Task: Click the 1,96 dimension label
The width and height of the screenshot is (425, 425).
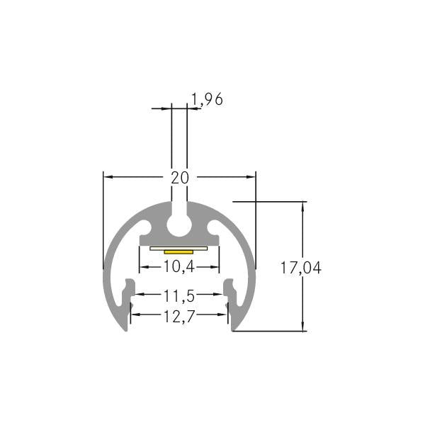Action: [x=208, y=99]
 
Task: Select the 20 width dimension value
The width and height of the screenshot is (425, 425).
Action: [x=180, y=178]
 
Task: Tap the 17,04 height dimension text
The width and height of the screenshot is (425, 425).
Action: [x=301, y=268]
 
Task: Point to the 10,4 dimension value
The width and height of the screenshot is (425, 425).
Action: [x=179, y=267]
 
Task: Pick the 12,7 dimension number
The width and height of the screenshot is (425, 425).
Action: [x=179, y=317]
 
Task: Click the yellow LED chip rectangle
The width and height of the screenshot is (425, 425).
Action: [x=178, y=252]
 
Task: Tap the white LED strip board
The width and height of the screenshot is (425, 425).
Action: [x=178, y=249]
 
